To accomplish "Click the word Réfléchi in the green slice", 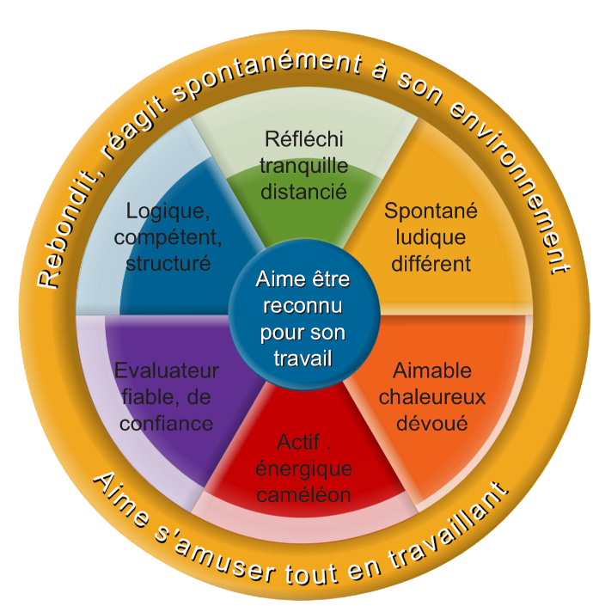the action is pos(303,138).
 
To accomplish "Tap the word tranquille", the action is pos(303,166).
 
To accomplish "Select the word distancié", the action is pos(303,192).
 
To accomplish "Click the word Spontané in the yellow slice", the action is pos(431,211).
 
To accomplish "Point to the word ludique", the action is pos(431,237).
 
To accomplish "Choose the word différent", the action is pos(431,264).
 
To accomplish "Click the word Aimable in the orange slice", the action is pos(432,370).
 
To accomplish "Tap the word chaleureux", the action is pos(432,397).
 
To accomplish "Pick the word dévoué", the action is pos(432,423).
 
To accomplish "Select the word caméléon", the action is pos(303,495).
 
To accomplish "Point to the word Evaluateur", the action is pos(167,370).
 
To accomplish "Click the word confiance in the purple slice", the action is pos(167,424).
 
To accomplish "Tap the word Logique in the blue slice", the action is pos(165,211).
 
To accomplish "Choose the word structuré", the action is pos(168,264).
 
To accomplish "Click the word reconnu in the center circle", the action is pos(303,306).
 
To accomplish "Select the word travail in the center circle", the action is pos(303,358).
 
